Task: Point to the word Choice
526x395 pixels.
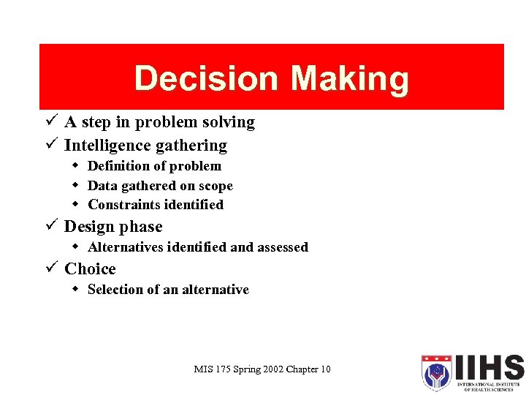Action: pyautogui.click(x=90, y=269)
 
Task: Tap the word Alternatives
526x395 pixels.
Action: pyautogui.click(x=125, y=247)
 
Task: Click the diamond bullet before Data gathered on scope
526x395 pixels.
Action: pyautogui.click(x=76, y=186)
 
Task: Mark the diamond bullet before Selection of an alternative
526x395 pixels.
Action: pyautogui.click(x=76, y=289)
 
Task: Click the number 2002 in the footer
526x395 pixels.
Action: pyautogui.click(x=268, y=369)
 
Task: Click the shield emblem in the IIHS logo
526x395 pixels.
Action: pyautogui.click(x=435, y=372)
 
